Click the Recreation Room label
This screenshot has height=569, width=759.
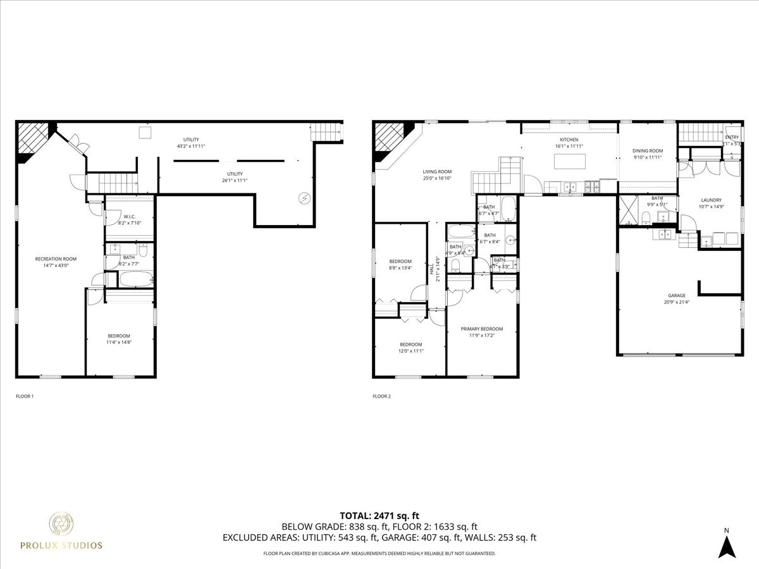tap(56, 259)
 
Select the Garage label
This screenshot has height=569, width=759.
tap(676, 295)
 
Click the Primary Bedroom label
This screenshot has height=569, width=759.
tap(481, 329)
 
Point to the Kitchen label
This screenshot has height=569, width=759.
tap(569, 140)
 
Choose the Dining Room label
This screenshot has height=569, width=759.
tap(648, 150)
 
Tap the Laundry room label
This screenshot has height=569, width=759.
tap(711, 200)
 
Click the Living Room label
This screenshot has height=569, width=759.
tap(437, 171)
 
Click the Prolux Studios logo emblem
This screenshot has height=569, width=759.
tap(62, 524)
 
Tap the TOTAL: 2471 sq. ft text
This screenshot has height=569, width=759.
tap(379, 516)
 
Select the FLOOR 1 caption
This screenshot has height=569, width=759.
tap(25, 396)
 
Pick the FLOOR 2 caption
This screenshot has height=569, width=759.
tap(382, 396)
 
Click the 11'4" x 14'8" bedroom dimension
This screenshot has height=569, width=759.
tap(119, 342)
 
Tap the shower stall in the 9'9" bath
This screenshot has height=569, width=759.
tap(627, 210)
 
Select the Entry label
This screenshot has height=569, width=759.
tap(732, 137)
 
